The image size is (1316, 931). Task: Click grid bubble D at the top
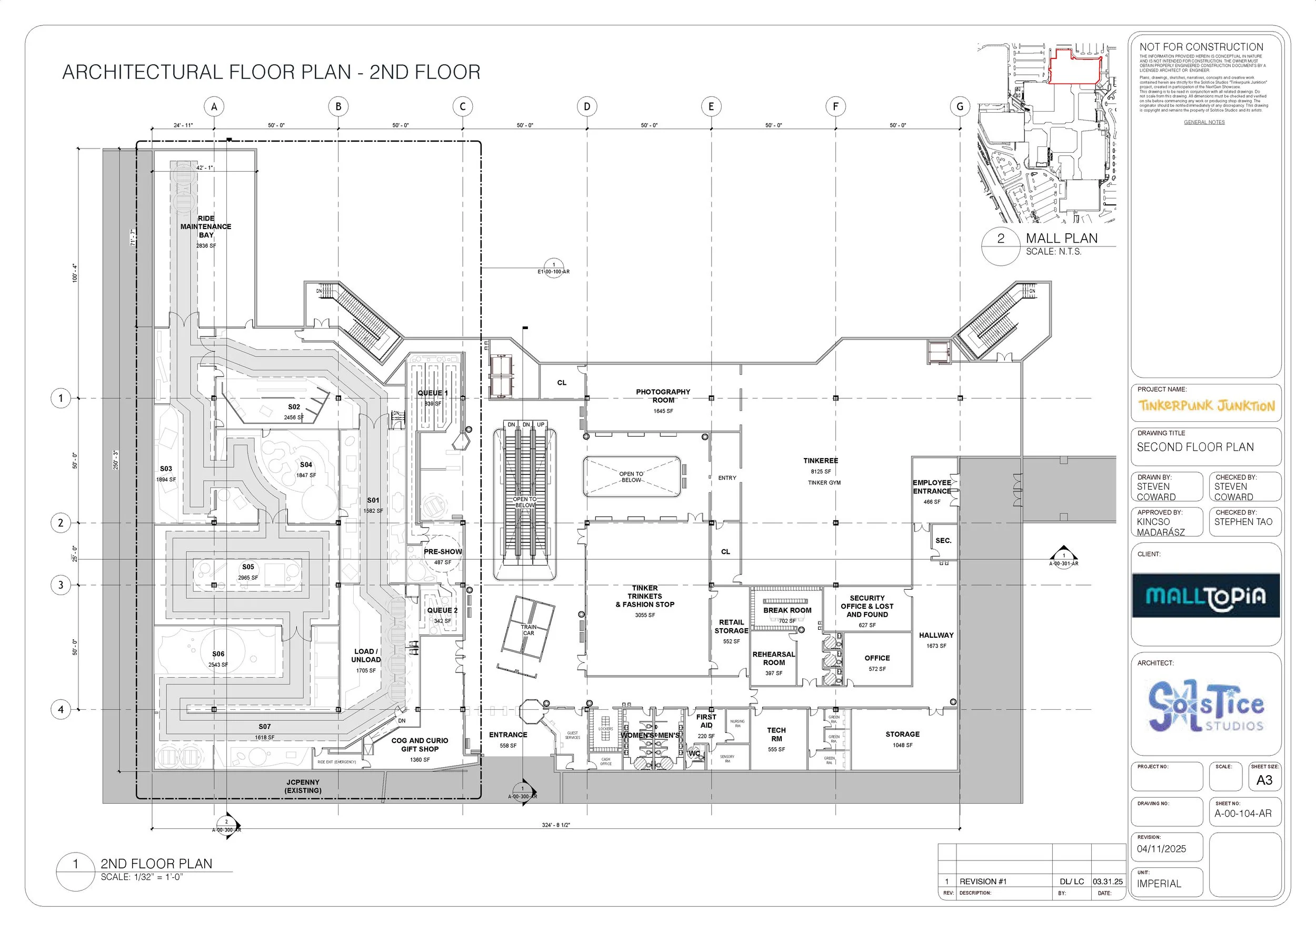(587, 106)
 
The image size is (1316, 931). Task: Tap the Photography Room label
(663, 396)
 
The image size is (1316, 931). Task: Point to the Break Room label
(787, 610)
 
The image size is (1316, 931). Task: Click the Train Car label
(529, 630)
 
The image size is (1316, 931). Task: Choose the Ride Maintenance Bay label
(206, 226)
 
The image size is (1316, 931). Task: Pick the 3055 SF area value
(645, 615)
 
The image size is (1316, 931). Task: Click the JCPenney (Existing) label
(303, 786)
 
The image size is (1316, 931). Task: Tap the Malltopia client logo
(1206, 596)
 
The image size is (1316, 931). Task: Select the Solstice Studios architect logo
(1206, 706)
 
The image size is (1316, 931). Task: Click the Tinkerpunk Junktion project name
(1206, 406)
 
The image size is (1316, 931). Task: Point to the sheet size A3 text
(1264, 780)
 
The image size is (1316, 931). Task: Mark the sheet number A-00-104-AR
(1243, 814)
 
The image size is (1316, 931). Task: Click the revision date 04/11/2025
(1162, 848)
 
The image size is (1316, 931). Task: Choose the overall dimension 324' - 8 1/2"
(556, 825)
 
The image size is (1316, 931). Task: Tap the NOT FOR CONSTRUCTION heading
(1201, 47)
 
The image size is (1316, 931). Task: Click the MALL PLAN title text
(1062, 239)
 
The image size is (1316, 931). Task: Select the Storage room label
(902, 735)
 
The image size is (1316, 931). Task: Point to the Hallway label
(936, 635)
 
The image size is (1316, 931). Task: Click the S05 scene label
(247, 567)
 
